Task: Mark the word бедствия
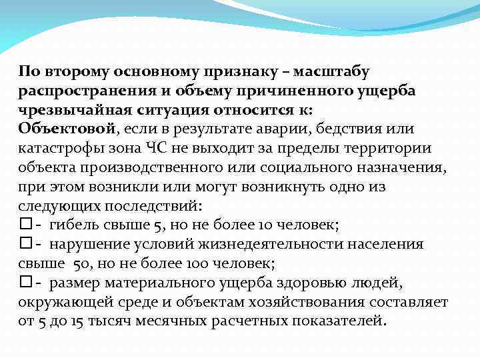pyautogui.click(x=347, y=128)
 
